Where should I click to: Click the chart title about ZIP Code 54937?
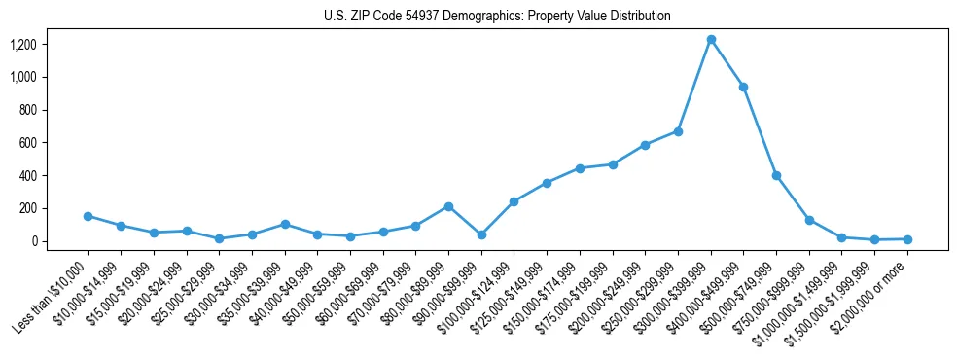coord(497,17)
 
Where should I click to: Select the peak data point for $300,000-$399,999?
coord(711,40)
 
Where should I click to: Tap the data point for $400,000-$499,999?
coord(744,88)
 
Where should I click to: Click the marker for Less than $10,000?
coord(89,216)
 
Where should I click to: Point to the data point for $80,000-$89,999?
coord(448,206)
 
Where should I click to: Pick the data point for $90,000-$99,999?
coord(481,234)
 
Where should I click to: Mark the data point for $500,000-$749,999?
coord(776,176)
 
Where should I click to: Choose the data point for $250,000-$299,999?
coord(678,131)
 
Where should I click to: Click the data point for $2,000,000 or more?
coord(907,239)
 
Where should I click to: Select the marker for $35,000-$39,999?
coord(285,224)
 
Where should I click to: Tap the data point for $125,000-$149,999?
coord(547,183)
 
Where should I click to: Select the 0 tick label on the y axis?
coord(33,241)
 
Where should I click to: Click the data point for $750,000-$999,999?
coord(809,221)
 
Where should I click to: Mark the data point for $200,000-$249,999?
coord(645,145)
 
